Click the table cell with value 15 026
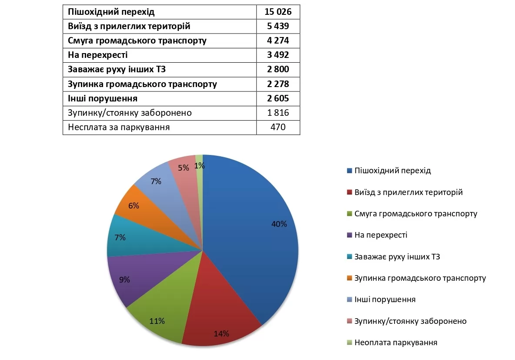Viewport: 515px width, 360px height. click(278, 12)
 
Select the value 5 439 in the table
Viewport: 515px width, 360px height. click(278, 27)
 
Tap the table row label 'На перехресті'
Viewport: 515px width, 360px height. click(98, 55)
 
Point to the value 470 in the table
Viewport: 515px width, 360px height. click(278, 128)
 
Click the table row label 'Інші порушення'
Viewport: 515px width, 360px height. click(103, 98)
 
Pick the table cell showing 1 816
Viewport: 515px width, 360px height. click(278, 113)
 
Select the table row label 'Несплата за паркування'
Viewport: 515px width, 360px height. click(119, 128)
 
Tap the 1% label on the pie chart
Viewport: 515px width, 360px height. click(200, 165)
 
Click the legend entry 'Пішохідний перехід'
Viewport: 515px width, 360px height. click(392, 171)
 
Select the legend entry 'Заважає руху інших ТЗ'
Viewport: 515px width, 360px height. click(397, 256)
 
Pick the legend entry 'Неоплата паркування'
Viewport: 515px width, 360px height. click(395, 343)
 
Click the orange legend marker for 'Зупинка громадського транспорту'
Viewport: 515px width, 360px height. click(349, 278)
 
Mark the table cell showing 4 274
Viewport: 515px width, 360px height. click(278, 41)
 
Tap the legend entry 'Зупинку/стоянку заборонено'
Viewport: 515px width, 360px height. click(410, 321)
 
